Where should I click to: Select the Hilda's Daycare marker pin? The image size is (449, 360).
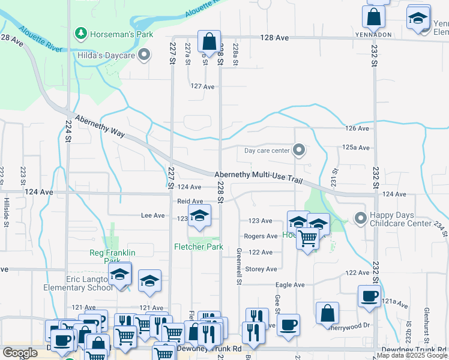(x=143, y=56)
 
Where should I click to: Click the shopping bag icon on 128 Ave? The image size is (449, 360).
(x=209, y=43)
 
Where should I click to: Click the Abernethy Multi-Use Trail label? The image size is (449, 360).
(x=258, y=175)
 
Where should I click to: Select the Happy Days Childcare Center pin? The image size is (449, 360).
(x=360, y=217)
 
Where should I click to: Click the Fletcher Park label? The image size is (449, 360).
(x=199, y=247)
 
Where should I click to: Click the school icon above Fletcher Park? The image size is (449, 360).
(x=199, y=217)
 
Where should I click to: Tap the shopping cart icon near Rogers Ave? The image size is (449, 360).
(x=307, y=238)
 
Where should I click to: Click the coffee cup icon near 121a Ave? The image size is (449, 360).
(x=369, y=295)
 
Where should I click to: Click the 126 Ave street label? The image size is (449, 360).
(x=357, y=128)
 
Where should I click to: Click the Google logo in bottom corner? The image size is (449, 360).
(x=20, y=353)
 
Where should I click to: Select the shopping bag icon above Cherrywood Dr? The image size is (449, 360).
(x=327, y=313)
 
